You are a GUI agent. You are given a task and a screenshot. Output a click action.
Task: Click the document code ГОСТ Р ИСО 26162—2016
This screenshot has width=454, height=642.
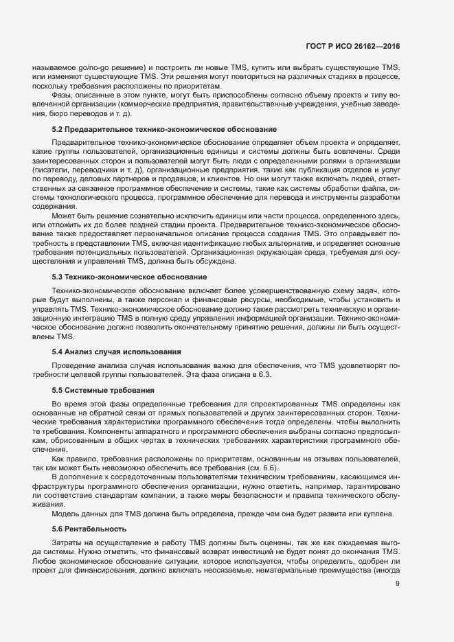click(352, 47)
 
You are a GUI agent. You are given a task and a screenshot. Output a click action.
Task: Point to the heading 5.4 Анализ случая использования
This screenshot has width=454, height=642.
click(117, 352)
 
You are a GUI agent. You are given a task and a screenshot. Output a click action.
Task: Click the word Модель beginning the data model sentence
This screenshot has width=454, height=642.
click(66, 514)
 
